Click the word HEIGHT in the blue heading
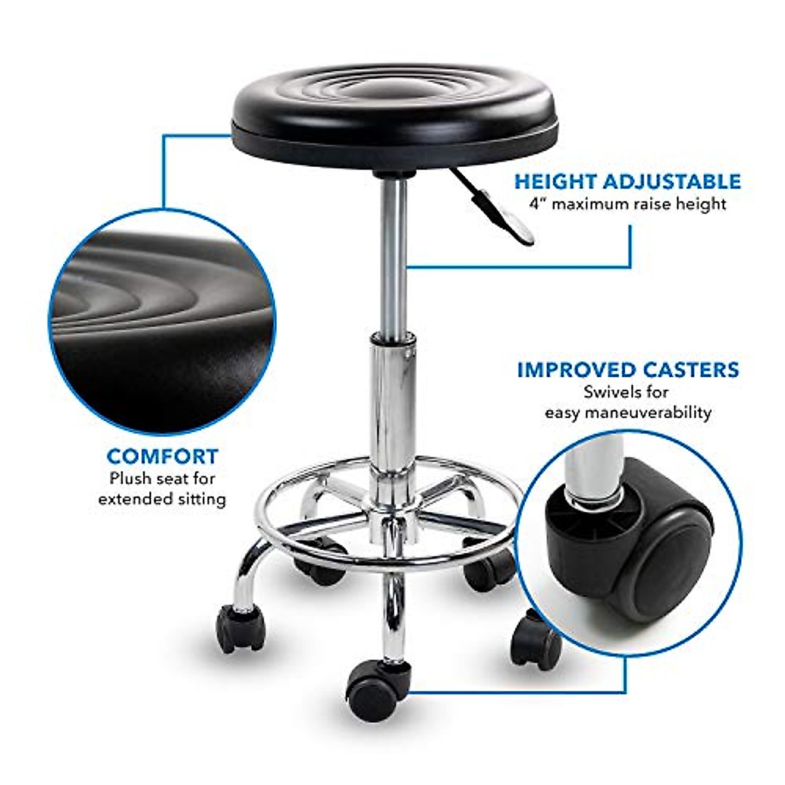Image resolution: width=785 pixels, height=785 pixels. [x=554, y=181]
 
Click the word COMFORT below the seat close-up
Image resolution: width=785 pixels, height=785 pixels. [x=162, y=456]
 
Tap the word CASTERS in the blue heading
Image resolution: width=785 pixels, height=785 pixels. [x=691, y=370]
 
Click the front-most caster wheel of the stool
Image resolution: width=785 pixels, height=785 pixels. [x=373, y=690]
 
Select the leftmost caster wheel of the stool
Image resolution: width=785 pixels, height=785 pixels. [x=240, y=629]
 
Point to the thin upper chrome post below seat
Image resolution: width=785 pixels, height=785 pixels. [x=393, y=255]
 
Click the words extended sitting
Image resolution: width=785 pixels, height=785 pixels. [x=162, y=499]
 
